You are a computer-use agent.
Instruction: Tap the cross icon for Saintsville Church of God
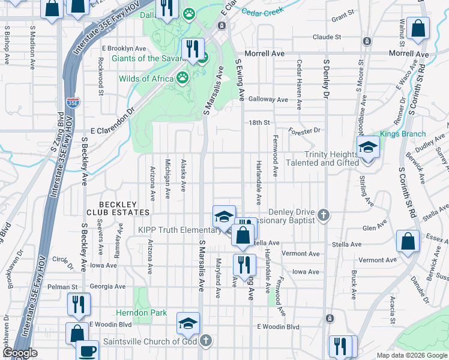click(206, 341)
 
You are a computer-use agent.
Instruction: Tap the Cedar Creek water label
click(262, 11)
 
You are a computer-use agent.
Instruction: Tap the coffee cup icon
click(88, 350)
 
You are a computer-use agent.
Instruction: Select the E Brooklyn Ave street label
click(124, 48)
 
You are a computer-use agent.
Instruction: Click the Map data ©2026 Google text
click(411, 355)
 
